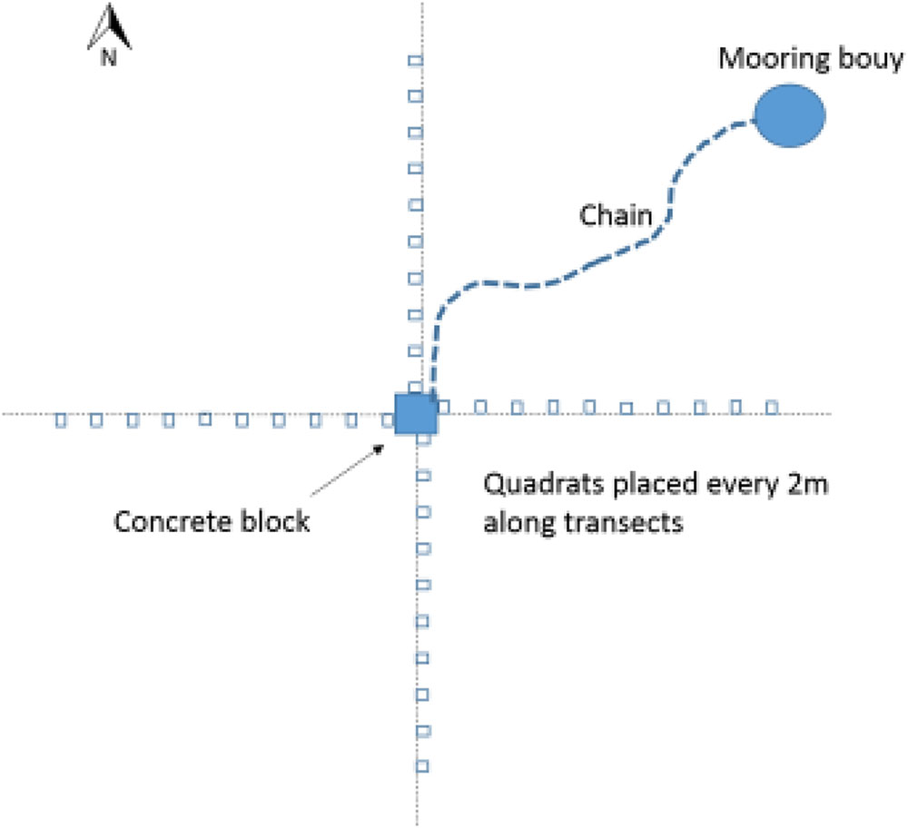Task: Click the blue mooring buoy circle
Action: [x=789, y=115]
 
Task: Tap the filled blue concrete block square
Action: [x=416, y=413]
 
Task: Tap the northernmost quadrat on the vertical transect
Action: [x=415, y=61]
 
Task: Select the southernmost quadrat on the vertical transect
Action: [x=421, y=765]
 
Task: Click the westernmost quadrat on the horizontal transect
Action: [x=61, y=420]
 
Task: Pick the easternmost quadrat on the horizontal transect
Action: [x=772, y=406]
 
